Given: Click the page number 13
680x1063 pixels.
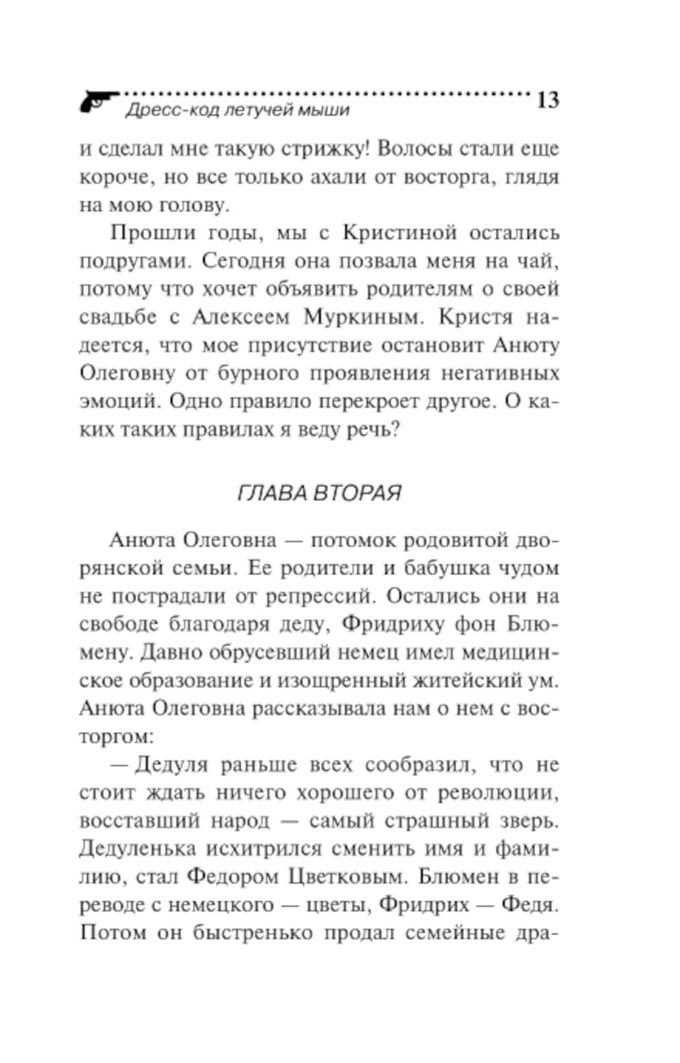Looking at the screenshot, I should pyautogui.click(x=547, y=100).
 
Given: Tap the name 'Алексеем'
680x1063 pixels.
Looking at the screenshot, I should pyautogui.click(x=241, y=317).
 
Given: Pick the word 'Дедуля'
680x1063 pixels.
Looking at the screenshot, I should pyautogui.click(x=171, y=765).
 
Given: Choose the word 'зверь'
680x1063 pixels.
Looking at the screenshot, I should pyautogui.click(x=527, y=820).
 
